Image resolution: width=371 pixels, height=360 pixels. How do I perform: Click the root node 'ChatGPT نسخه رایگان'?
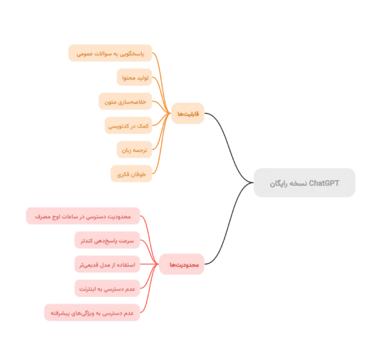coord(304,183)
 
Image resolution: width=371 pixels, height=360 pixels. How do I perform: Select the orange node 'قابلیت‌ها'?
coord(188,114)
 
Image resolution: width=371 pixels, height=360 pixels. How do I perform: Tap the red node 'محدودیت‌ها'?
coord(182,264)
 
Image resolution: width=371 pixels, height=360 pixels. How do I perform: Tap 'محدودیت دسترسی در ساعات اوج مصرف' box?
coord(83,215)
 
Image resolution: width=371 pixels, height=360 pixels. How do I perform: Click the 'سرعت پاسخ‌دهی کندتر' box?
coord(107,240)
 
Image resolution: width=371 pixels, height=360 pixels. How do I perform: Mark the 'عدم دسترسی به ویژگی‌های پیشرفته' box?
coord(92,313)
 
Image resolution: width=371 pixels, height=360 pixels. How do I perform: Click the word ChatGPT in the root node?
coord(324,183)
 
